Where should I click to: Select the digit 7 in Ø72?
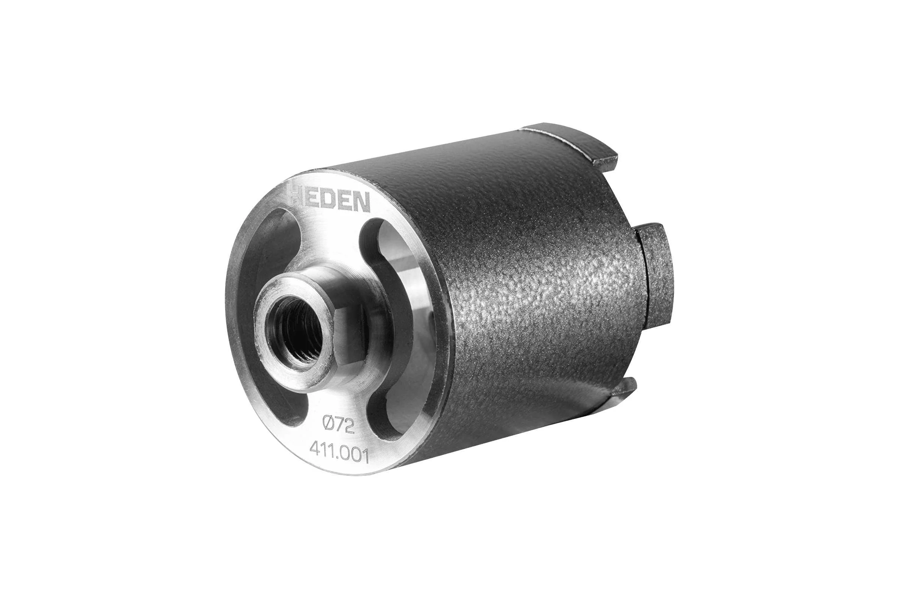click(x=341, y=425)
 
